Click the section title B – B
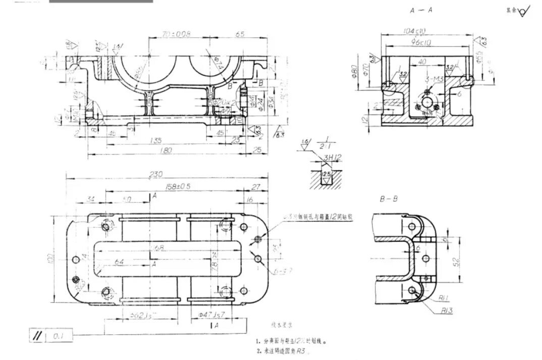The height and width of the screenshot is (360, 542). tap(389, 199)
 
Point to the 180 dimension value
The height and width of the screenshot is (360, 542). tap(165, 150)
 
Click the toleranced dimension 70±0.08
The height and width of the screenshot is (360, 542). tap(176, 34)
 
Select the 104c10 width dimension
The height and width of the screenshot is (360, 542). tap(415, 31)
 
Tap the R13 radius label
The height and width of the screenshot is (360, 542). tap(447, 311)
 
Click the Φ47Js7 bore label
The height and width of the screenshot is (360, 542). tap(211, 314)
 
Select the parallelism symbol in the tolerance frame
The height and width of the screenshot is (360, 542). tap(36, 335)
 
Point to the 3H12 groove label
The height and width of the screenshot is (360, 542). tap(333, 158)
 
